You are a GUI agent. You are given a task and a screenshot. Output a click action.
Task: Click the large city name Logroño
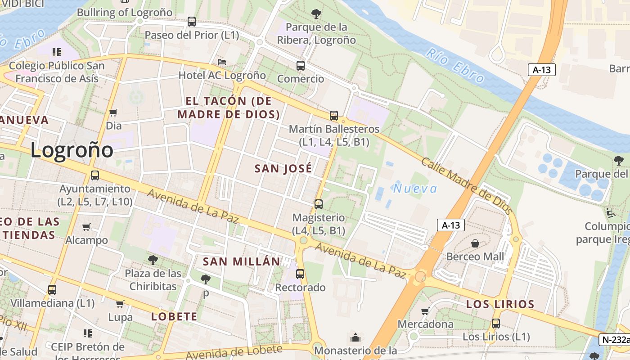72,150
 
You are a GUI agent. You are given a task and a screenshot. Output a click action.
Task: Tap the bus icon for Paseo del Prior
192,21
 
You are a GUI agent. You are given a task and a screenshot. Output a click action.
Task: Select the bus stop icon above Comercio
301,65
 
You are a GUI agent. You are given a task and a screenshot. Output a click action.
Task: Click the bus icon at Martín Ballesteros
334,116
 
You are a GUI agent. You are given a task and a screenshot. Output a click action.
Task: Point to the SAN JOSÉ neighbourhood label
283,169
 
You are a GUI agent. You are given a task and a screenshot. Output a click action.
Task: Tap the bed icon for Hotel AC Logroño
222,62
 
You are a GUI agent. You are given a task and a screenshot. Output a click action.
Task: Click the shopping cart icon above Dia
113,112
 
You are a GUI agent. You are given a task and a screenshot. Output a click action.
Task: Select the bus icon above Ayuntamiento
95,175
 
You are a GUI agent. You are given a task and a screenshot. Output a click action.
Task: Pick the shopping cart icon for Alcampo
86,227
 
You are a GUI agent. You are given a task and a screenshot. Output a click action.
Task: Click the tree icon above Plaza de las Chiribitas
153,260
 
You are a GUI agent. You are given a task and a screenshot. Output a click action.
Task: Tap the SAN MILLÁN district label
241,261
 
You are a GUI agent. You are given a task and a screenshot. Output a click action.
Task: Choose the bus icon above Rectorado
300,274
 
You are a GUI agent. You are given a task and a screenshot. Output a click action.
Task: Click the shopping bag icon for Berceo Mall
475,243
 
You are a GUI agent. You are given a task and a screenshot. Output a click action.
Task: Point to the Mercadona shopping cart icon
425,311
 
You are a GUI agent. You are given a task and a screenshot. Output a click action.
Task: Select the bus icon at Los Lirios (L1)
496,323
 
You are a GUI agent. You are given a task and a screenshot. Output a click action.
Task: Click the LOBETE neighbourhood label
174,316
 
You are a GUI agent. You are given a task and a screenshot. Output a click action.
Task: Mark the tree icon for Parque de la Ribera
316,14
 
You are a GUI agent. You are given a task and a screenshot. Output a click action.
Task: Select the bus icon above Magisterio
319,204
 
